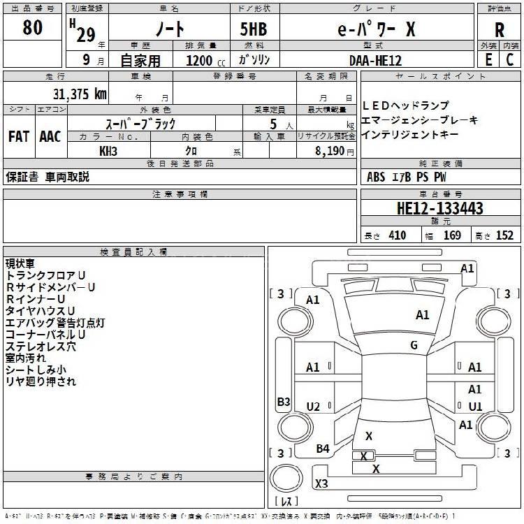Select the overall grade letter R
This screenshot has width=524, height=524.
point(499,30)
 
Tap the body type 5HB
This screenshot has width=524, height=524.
point(254,29)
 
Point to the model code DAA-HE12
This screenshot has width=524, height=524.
point(375,61)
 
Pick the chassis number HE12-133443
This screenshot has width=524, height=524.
point(439,208)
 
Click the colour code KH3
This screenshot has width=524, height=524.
point(108,150)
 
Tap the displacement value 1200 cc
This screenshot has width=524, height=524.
point(203,61)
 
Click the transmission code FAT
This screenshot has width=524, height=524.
point(19,136)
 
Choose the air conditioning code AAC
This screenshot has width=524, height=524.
point(50,136)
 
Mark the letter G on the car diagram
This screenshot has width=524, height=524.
point(414,344)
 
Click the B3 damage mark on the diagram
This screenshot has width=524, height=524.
point(284,402)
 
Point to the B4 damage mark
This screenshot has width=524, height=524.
point(322,449)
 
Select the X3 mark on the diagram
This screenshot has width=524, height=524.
point(321,483)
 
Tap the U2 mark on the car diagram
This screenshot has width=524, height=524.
point(313,406)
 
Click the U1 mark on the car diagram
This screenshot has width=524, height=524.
point(475,406)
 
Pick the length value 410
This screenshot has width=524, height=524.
point(397,235)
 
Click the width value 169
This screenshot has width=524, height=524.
point(452,235)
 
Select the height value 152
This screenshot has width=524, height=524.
point(504,235)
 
